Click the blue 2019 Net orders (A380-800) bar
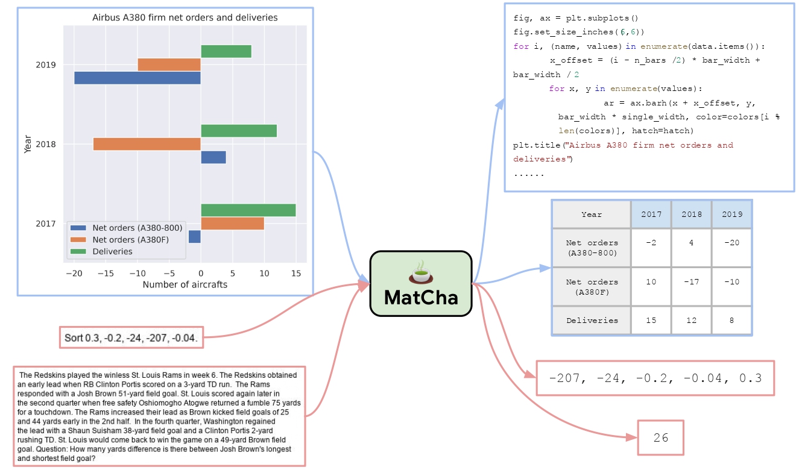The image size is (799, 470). click(137, 78)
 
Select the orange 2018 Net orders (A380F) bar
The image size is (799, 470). click(147, 144)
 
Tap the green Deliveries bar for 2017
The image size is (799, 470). click(248, 210)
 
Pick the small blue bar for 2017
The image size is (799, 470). click(194, 237)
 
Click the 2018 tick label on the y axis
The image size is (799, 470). click(46, 145)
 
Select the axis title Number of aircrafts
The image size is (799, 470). click(185, 284)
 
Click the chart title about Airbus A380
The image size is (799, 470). click(185, 17)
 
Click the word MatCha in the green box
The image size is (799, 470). click(420, 298)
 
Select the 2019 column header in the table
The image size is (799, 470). click(731, 214)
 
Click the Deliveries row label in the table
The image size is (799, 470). click(592, 321)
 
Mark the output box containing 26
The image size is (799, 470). click(661, 437)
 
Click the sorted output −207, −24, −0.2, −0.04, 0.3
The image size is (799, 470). click(655, 378)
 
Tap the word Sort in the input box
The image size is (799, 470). click(74, 338)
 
